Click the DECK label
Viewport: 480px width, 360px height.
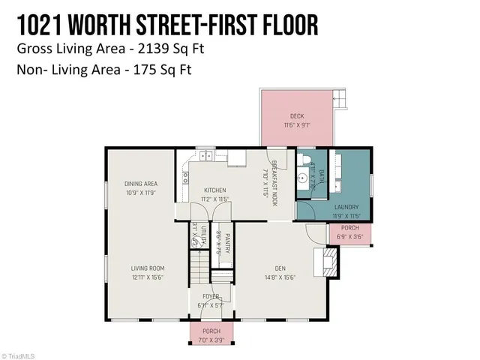click(297, 115)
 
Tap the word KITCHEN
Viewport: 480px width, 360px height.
click(214, 190)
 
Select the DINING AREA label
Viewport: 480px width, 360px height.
click(140, 184)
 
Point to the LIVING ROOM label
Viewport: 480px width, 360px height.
click(148, 268)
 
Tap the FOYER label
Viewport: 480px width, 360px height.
click(211, 296)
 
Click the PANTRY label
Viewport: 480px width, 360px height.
click(227, 241)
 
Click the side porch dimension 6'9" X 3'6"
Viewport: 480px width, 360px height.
click(349, 236)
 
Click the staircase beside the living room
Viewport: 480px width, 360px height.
click(199, 263)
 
